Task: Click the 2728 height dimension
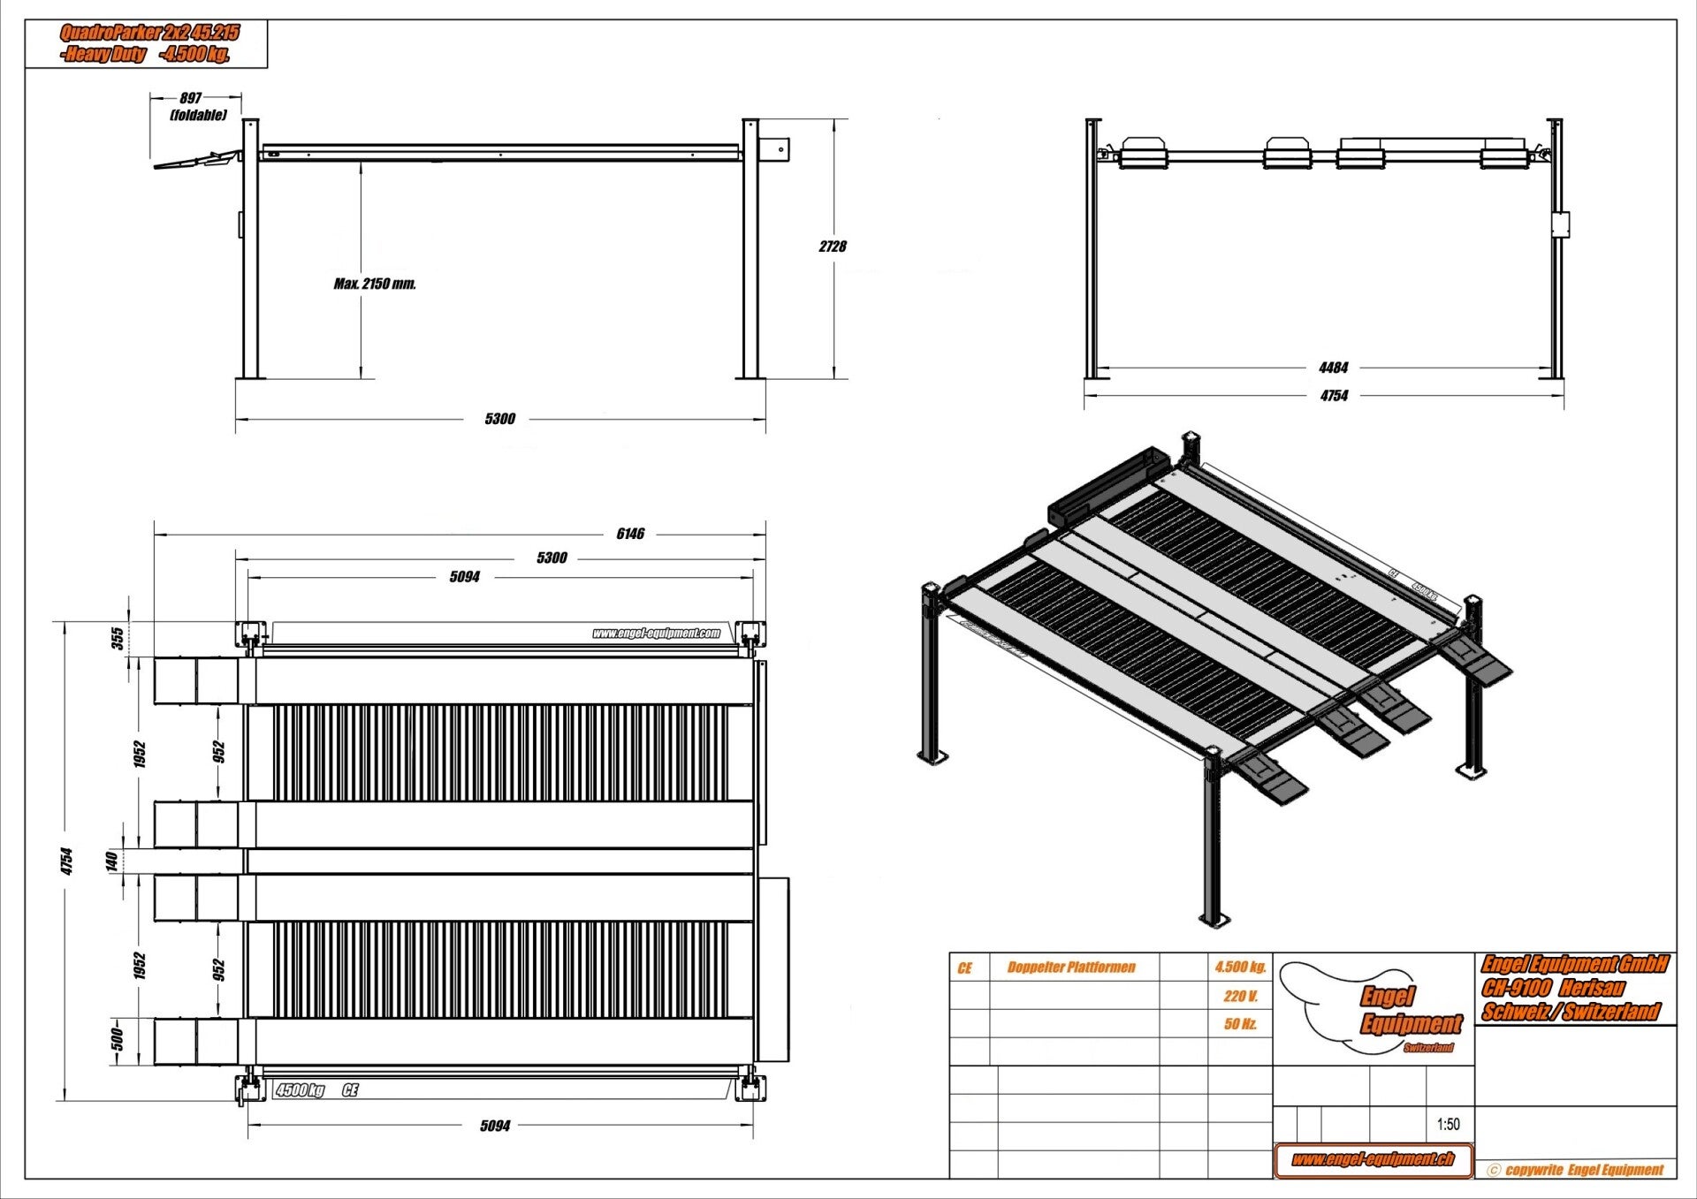[x=833, y=247]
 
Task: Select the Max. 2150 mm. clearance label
[x=375, y=284]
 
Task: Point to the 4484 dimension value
[x=1333, y=368]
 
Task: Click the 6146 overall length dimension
[x=630, y=534]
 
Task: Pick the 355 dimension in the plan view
[x=118, y=638]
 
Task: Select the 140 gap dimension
[x=112, y=861]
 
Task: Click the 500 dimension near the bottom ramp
[x=117, y=1040]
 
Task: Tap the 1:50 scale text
[x=1448, y=1125]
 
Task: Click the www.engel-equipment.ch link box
[x=1373, y=1159]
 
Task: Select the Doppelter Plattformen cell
[x=1071, y=968]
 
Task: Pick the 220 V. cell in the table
[x=1240, y=997]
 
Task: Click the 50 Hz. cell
[x=1240, y=1024]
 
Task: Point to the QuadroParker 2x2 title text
[x=149, y=34]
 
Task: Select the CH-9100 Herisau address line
[x=1553, y=988]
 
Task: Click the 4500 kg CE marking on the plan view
[x=316, y=1090]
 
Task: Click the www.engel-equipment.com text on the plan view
[x=656, y=633]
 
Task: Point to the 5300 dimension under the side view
[x=499, y=419]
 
